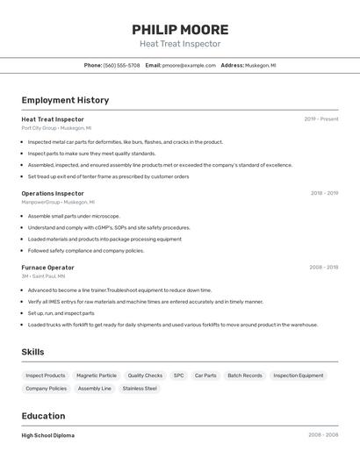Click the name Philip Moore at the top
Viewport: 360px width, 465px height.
180,30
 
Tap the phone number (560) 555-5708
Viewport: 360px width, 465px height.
121,65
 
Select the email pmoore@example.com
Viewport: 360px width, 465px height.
189,65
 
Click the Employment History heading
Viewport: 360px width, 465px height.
65,100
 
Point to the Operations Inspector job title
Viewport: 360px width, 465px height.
53,193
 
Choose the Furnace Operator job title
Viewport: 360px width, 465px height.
47,268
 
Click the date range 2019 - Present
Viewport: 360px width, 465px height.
321,119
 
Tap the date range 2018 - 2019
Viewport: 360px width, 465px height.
324,193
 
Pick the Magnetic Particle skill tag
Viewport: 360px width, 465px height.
97,376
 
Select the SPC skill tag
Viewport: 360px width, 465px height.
178,376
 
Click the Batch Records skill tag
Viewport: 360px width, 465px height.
245,376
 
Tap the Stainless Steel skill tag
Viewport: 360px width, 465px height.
140,388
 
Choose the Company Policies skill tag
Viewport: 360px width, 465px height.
46,388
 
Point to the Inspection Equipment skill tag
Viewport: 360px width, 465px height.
299,376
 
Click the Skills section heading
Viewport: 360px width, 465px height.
32,352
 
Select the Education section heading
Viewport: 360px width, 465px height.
43,416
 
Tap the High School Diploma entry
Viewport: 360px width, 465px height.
48,435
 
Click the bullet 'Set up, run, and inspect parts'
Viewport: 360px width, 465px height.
61,313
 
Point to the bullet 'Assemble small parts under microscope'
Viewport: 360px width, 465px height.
74,216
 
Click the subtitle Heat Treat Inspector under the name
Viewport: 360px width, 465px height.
180,44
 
